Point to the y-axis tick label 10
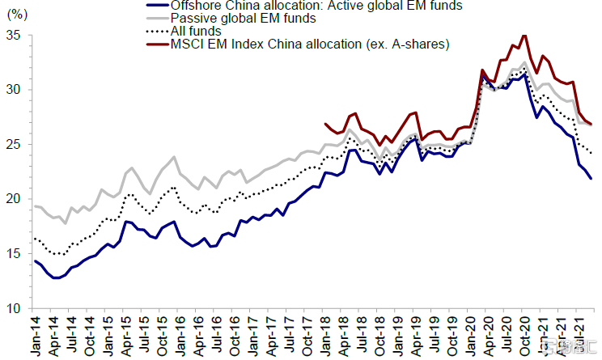click(15, 308)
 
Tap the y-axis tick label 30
click(15, 90)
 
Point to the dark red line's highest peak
click(525, 36)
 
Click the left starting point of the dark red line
click(325, 124)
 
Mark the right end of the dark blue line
click(591, 178)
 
